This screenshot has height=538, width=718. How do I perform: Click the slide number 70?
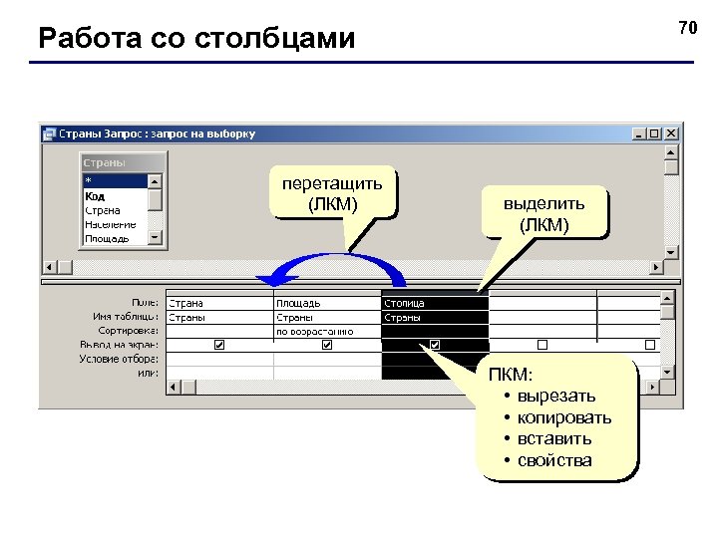click(x=687, y=28)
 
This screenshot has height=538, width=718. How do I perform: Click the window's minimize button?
click(x=640, y=133)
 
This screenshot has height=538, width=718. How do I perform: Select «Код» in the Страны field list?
click(x=95, y=196)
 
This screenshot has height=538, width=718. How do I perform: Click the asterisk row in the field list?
click(x=88, y=182)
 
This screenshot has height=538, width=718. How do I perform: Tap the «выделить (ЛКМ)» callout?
click(x=543, y=213)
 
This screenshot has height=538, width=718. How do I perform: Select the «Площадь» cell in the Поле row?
click(x=298, y=303)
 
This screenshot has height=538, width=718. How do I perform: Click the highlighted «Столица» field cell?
click(x=405, y=303)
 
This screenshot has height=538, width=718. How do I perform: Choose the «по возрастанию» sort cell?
click(x=314, y=331)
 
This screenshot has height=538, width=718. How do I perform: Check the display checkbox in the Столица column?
click(x=435, y=345)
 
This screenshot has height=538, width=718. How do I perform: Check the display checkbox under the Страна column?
click(x=219, y=345)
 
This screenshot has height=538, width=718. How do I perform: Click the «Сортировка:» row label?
click(x=129, y=330)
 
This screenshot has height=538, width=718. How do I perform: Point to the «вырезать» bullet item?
click(x=556, y=397)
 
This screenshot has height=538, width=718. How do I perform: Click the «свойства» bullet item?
click(x=554, y=460)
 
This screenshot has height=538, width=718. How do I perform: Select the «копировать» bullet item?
click(x=564, y=417)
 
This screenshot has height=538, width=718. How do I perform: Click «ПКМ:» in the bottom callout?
click(x=511, y=375)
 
